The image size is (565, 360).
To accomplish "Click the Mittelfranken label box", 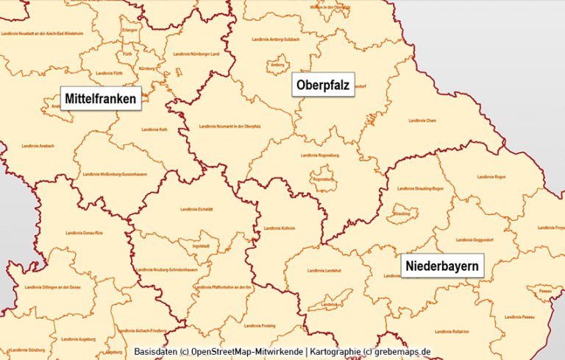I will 100,98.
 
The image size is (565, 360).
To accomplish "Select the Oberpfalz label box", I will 323,85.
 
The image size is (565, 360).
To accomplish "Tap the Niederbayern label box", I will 442,265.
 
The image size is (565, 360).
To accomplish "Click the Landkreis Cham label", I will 424,120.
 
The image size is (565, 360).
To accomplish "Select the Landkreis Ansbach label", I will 38,146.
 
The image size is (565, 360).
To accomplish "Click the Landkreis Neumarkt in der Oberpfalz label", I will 230,126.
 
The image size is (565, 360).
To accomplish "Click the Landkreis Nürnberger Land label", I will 196,54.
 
